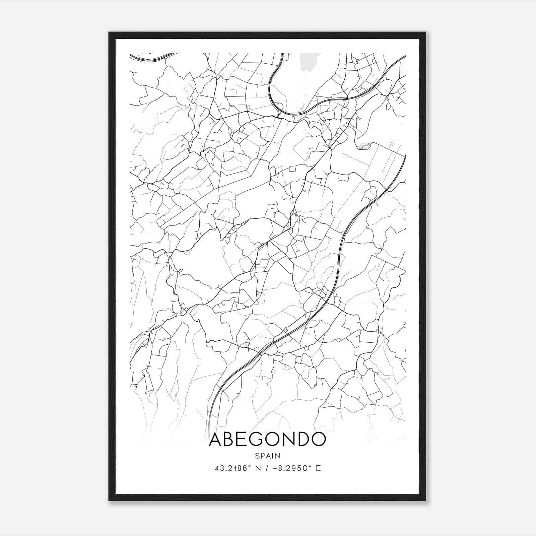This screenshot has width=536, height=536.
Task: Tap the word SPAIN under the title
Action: point(267,456)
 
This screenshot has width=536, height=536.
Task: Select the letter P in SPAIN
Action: point(262,456)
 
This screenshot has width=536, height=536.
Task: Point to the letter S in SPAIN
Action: point(257,456)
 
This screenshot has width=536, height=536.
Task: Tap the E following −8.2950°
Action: point(318,468)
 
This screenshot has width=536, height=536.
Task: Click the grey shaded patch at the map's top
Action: point(310,61)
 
